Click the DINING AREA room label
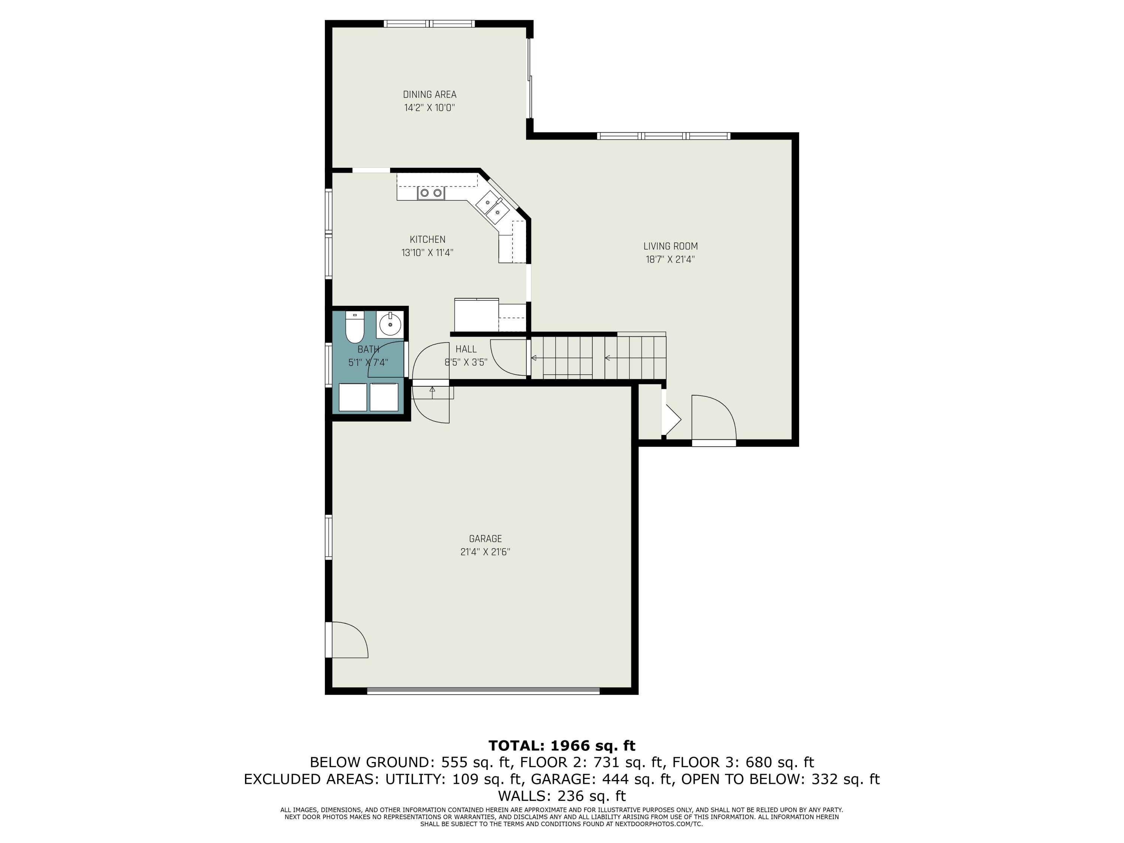click(429, 94)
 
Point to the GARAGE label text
click(485, 539)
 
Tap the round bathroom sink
click(390, 324)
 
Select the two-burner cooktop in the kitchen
click(430, 193)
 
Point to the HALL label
click(466, 349)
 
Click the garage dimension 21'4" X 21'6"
click(485, 552)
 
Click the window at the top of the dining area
click(429, 23)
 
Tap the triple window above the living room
click(663, 136)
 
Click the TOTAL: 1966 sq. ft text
click(562, 746)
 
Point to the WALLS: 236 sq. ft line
click(562, 796)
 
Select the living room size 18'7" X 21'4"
click(670, 260)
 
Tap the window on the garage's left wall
click(329, 538)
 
